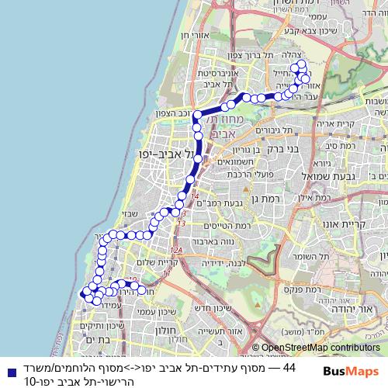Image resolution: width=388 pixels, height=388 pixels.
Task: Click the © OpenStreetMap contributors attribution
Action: click(316, 348)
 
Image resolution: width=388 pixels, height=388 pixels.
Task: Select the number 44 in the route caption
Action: click(288, 366)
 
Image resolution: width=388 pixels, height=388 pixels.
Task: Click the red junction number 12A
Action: click(176, 249)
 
